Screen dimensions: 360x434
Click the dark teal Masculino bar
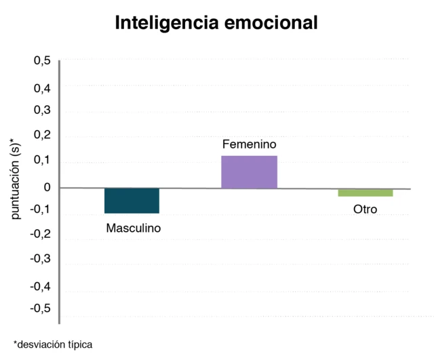pos(132,201)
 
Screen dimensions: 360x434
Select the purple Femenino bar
pos(249,172)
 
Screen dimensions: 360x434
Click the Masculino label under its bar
pos(134,228)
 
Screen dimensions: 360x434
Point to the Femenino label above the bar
pos(250,144)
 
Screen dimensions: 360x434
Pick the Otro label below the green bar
pos(366,209)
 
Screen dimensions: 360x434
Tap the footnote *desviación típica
pos(52,344)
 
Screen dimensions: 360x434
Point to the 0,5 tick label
pos(41,61)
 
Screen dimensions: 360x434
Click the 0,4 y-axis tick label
pos(41,87)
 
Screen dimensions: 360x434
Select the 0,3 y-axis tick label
pos(41,111)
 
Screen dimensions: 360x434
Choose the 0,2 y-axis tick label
pos(41,135)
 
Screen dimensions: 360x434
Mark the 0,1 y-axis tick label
pos(41,160)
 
